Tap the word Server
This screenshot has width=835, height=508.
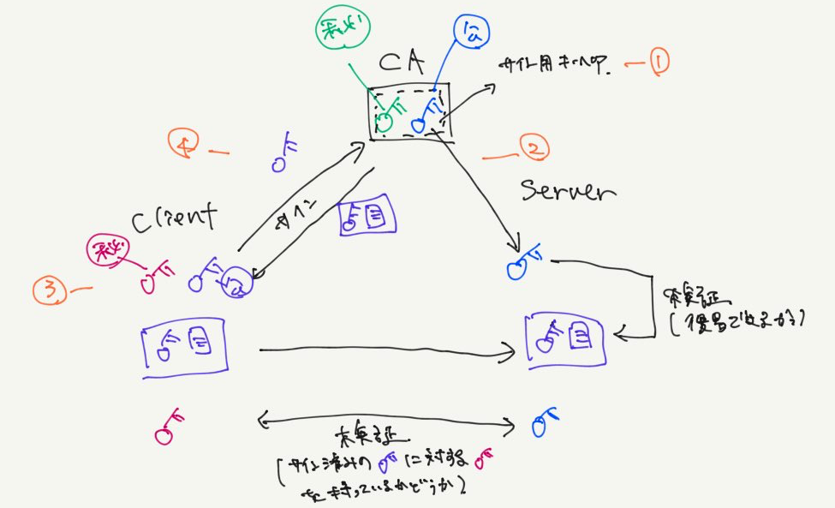click(568, 191)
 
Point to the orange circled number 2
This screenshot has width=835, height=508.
click(532, 150)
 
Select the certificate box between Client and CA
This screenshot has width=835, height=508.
click(367, 214)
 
